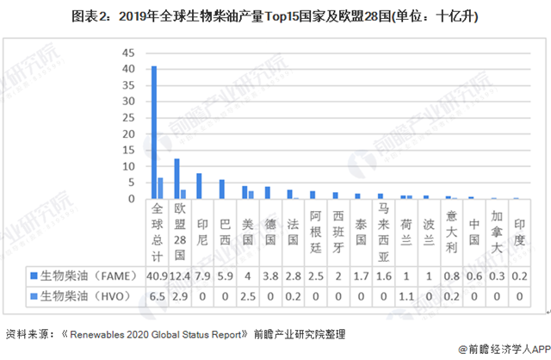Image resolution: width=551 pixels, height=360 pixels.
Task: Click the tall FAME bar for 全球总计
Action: click(154, 133)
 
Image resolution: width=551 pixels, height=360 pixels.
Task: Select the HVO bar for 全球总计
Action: click(160, 189)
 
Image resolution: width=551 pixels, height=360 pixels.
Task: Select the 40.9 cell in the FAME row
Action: click(157, 276)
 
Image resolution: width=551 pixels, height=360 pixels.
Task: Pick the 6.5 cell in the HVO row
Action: click(157, 295)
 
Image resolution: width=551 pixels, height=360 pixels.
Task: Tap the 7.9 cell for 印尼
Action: click(201, 276)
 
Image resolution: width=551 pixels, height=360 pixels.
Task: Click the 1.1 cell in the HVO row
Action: click(406, 295)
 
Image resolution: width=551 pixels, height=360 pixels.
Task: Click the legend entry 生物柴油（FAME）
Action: click(83, 276)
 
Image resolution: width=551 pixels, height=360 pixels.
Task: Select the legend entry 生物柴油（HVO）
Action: click(82, 295)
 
